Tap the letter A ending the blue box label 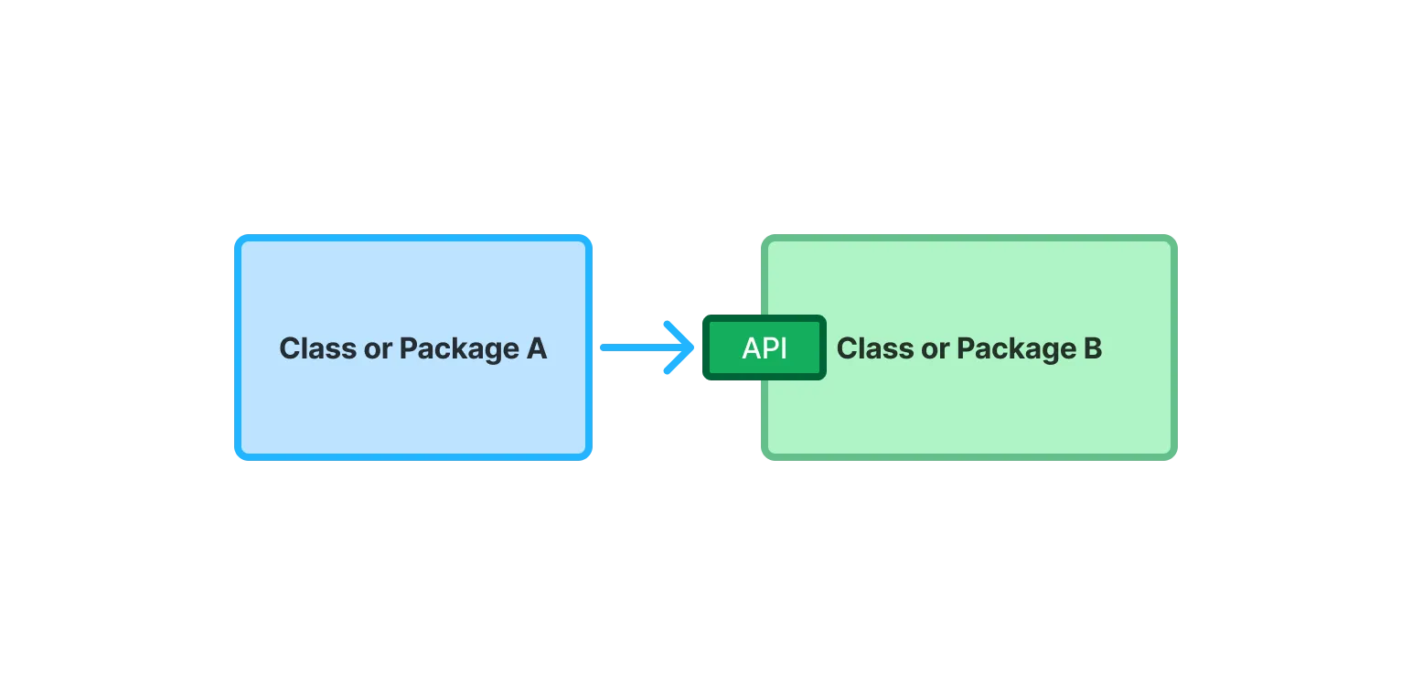[x=537, y=348]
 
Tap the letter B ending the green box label [x=1093, y=348]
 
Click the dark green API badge [x=764, y=347]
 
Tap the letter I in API [x=783, y=348]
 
